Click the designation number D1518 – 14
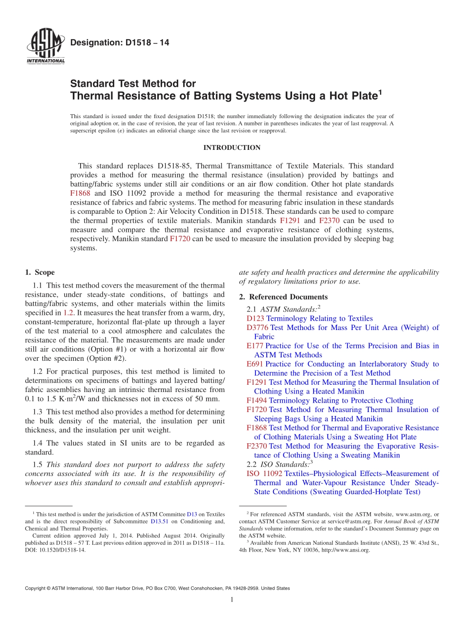point(120,43)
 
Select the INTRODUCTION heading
point(232,147)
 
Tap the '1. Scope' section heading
point(40,272)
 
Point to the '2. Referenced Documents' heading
point(283,297)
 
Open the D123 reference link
point(255,318)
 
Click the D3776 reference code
point(257,328)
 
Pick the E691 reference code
point(255,364)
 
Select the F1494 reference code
point(257,400)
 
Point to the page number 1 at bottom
point(232,600)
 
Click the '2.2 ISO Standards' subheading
point(280,464)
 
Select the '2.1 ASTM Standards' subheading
point(283,309)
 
